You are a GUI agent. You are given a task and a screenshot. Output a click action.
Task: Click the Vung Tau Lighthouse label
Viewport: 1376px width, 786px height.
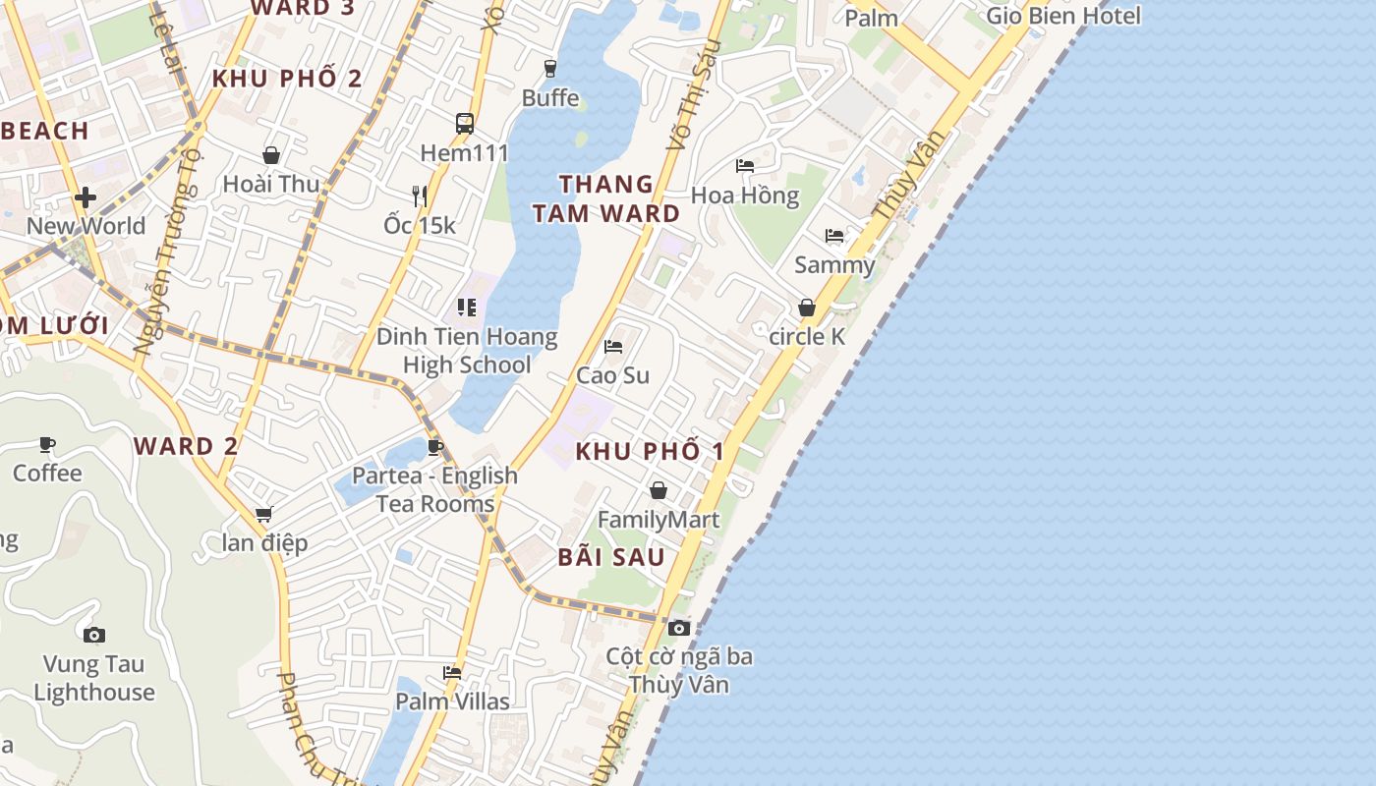pyautogui.click(x=94, y=679)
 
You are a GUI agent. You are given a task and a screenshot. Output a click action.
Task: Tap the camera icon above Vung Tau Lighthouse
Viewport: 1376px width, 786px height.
pyautogui.click(x=94, y=635)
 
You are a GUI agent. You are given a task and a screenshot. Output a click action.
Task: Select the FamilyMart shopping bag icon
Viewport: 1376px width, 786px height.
pyautogui.click(x=659, y=490)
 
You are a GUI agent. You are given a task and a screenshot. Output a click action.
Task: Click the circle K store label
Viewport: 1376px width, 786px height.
pyautogui.click(x=807, y=336)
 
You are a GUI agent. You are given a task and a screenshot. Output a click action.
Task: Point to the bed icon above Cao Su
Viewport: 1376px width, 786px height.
pyautogui.click(x=613, y=347)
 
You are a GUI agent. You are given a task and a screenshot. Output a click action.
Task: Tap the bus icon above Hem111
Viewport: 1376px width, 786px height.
pyautogui.click(x=465, y=124)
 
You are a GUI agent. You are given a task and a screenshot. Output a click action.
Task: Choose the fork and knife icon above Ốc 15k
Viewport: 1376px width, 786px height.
pyautogui.click(x=420, y=196)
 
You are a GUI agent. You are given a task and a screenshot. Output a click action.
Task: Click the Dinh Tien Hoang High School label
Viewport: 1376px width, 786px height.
pyautogui.click(x=467, y=351)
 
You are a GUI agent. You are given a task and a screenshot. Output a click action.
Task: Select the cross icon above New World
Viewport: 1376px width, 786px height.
pyautogui.click(x=86, y=197)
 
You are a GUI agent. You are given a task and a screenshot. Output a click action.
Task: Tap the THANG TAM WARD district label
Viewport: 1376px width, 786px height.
pyautogui.click(x=606, y=198)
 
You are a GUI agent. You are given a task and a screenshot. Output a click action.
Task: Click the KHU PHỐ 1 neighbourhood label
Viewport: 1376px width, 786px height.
pyautogui.click(x=650, y=451)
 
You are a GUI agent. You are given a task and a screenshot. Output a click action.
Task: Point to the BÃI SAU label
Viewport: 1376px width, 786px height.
pyautogui.click(x=611, y=557)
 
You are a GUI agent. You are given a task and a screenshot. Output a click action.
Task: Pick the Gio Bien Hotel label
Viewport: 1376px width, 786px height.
pyautogui.click(x=1063, y=16)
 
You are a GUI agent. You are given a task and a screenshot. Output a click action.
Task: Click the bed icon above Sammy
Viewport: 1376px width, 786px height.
pyautogui.click(x=834, y=236)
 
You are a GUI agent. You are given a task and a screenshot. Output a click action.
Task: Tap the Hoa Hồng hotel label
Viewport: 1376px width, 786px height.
pyautogui.click(x=745, y=196)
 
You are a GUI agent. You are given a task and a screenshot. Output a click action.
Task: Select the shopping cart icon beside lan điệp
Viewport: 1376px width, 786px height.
pyautogui.click(x=263, y=514)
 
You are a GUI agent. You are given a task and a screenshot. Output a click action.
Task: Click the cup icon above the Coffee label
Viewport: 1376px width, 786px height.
pyautogui.click(x=47, y=445)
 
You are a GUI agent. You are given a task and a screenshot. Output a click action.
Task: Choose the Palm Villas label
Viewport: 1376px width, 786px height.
pyautogui.click(x=452, y=702)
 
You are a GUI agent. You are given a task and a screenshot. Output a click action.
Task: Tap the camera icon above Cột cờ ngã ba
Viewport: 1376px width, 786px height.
pyautogui.click(x=678, y=628)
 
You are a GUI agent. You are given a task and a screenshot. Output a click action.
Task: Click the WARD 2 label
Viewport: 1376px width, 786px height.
pyautogui.click(x=186, y=446)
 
